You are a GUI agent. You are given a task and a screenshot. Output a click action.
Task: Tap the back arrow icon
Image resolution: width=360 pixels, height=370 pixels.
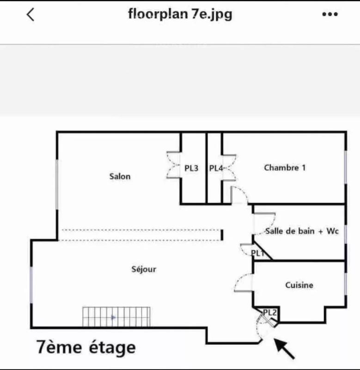[x=31, y=15]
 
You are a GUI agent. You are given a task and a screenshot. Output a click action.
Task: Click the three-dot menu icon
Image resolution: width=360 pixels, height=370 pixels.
[x=330, y=15]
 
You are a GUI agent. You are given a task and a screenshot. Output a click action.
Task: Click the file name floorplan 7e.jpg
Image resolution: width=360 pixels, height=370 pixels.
[x=180, y=14]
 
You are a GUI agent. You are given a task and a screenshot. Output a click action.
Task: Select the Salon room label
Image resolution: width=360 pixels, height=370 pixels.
[x=120, y=176]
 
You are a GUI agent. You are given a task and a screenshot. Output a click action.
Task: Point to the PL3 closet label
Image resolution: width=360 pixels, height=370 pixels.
[x=191, y=168]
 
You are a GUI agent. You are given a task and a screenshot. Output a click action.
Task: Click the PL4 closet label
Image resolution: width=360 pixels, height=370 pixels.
[x=216, y=168]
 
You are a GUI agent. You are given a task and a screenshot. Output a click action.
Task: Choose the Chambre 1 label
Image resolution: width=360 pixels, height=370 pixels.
[x=285, y=167]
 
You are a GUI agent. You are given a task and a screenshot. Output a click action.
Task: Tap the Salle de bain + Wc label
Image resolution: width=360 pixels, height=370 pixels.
[x=302, y=231]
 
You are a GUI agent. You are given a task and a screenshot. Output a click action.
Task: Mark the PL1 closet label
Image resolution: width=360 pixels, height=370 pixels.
[x=257, y=253]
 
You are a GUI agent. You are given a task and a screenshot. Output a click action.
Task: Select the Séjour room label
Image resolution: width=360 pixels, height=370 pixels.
[x=144, y=269]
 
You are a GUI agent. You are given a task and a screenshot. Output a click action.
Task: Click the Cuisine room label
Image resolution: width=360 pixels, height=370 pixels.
[x=299, y=285]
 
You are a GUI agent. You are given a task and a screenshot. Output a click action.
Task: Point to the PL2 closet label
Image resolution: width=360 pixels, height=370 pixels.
[x=269, y=313]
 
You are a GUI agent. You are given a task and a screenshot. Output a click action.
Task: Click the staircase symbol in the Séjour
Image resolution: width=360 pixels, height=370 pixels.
[x=116, y=317]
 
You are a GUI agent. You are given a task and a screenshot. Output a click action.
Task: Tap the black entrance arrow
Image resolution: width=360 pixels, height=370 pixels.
[x=285, y=349]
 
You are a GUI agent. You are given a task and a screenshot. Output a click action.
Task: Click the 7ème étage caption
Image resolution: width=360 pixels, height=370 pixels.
[x=86, y=347]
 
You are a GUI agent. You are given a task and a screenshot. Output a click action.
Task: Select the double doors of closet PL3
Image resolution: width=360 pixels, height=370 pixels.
[x=173, y=166]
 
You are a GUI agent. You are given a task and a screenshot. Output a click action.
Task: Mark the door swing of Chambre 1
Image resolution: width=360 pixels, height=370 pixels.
[x=239, y=195]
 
